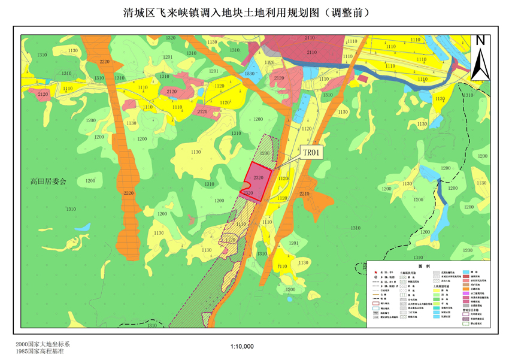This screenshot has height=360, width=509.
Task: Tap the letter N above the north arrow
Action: [480, 40]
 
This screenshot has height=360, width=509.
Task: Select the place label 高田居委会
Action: [51, 180]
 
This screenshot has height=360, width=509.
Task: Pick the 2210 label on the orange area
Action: [304, 194]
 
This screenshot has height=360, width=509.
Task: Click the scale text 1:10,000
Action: [242, 346]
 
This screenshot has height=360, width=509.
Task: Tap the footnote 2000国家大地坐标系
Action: [43, 344]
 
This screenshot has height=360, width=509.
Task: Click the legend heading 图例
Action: [425, 265]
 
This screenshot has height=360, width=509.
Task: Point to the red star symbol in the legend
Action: [375, 273]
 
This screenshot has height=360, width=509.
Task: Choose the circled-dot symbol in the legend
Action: [375, 278]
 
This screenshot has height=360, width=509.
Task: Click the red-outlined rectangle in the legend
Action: [375, 304]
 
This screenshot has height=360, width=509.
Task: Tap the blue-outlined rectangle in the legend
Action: [375, 309]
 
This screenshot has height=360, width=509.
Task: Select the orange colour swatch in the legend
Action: [465, 288]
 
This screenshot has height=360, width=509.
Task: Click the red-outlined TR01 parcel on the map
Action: [259, 178]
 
